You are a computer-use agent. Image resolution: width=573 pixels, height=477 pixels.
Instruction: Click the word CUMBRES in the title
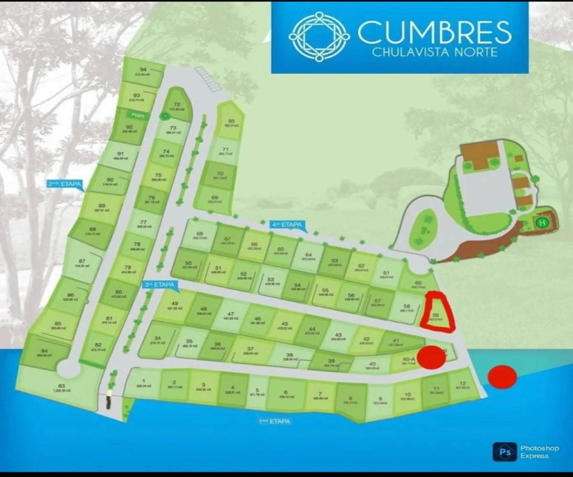(434, 32)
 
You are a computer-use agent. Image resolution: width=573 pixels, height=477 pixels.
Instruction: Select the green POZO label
(131, 115)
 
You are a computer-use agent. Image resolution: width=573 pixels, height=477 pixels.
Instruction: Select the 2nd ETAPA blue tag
(65, 184)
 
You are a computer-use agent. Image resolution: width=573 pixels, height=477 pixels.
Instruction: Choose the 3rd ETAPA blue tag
(160, 285)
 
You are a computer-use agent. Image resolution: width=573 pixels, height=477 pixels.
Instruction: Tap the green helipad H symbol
(541, 223)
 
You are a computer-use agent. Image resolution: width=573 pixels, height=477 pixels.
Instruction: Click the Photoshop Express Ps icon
(504, 451)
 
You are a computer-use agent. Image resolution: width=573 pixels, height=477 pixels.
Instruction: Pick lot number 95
(232, 123)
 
